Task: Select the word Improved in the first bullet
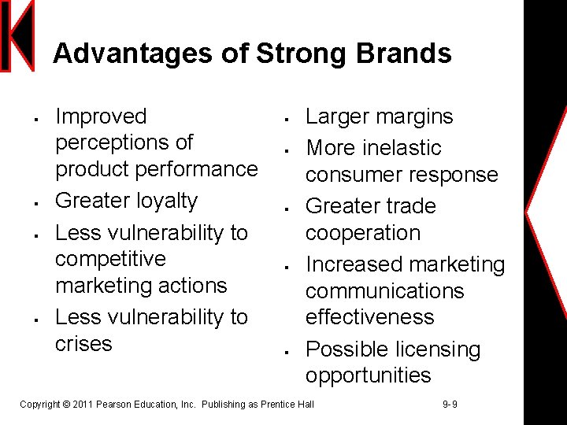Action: (x=101, y=116)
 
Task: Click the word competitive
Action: (x=110, y=259)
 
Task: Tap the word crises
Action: (x=83, y=344)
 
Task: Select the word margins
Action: (x=413, y=116)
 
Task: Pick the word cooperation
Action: (x=363, y=233)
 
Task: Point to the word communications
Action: (x=385, y=291)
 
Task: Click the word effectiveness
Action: (x=370, y=317)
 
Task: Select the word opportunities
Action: (x=369, y=375)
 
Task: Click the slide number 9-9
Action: (x=450, y=405)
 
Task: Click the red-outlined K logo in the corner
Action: (x=17, y=35)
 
